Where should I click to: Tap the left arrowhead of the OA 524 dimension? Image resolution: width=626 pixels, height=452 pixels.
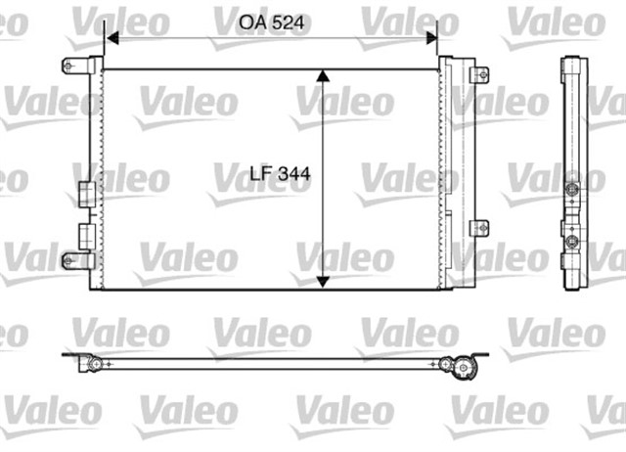111,39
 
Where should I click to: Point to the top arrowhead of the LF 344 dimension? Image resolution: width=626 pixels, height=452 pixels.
324,76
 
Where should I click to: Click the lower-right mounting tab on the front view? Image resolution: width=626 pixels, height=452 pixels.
478,227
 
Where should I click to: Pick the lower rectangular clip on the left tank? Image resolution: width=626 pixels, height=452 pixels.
86,234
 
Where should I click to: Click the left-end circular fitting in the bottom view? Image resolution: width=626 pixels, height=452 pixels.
95,364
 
